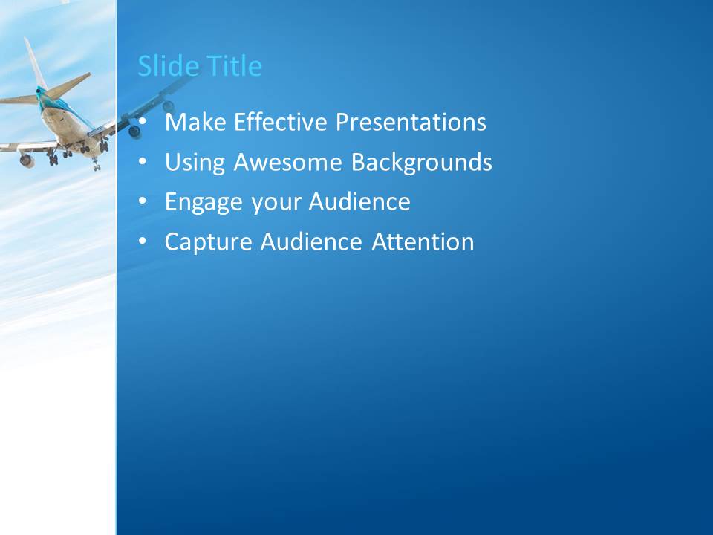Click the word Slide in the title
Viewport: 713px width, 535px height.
(169, 66)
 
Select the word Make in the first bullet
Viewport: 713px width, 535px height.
(195, 122)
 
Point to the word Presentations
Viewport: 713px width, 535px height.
(411, 122)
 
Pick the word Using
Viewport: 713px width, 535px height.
(195, 163)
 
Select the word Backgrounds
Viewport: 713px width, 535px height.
(422, 163)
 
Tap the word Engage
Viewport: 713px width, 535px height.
(204, 203)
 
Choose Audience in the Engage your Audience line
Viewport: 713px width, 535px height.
(359, 201)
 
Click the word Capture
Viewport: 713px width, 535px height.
(209, 242)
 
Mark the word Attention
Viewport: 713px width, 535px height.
(423, 241)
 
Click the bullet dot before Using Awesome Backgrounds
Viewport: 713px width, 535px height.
(143, 161)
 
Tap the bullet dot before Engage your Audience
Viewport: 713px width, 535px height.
(143, 201)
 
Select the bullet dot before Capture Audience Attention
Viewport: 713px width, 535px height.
(143, 241)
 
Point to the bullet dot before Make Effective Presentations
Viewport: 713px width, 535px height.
(143, 121)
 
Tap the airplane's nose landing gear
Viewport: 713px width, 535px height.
(96, 164)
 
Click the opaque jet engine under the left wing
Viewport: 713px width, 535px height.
(27, 160)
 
